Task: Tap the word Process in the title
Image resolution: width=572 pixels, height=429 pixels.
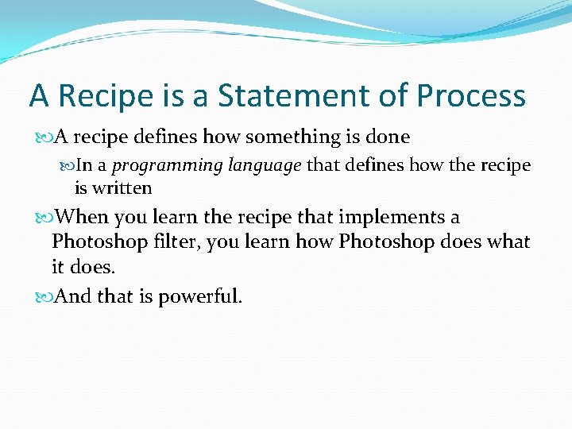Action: pyautogui.click(x=471, y=96)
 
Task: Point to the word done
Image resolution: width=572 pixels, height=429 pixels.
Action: pyautogui.click(x=388, y=137)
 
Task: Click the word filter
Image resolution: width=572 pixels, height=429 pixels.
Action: pyautogui.click(x=175, y=242)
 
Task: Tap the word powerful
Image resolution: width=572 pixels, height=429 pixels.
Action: pyautogui.click(x=200, y=297)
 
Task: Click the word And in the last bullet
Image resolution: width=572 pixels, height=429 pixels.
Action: pyautogui.click(x=74, y=297)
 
